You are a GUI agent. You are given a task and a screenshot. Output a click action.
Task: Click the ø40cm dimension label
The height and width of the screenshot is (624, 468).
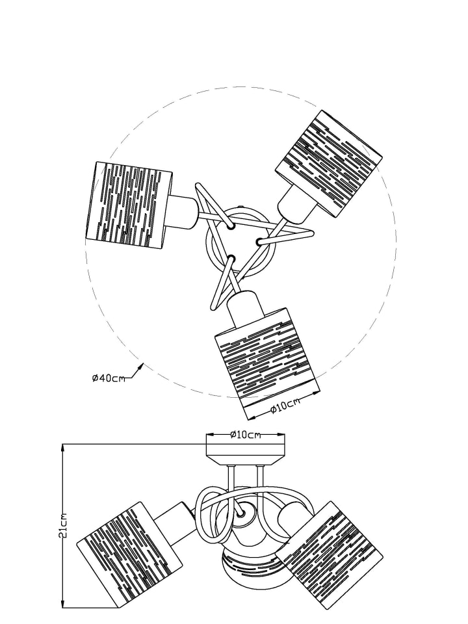[109, 378]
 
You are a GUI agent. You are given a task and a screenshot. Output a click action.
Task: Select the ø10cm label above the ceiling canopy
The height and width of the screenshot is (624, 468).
[246, 435]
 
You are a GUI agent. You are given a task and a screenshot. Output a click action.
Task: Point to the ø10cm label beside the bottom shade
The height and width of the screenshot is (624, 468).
[285, 406]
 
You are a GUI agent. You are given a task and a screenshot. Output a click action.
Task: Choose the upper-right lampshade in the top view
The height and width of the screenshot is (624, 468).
[329, 164]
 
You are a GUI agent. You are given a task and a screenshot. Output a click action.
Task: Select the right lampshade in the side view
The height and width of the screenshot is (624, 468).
[330, 545]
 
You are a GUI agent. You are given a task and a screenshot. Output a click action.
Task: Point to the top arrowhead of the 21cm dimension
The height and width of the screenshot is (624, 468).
[62, 449]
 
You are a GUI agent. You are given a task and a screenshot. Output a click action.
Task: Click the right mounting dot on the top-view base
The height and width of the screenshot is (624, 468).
[259, 241]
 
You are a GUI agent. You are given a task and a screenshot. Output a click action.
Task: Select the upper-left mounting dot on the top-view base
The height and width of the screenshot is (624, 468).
[231, 226]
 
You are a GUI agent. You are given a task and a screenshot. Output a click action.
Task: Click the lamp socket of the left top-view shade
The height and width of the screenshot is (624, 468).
[183, 213]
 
